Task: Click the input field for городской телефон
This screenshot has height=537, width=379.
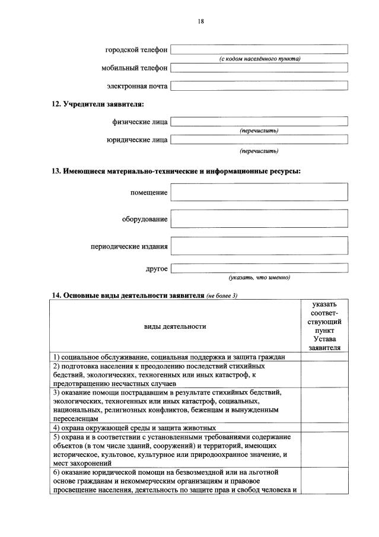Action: [x=259, y=49]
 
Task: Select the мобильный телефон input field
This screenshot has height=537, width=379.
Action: [x=259, y=68]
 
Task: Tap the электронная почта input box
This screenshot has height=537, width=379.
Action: [x=259, y=86]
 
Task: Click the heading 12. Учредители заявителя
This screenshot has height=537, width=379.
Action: [x=97, y=104]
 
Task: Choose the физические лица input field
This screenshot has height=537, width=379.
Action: [x=259, y=122]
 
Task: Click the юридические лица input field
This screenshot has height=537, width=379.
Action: [x=259, y=140]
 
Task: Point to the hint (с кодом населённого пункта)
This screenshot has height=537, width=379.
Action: [x=259, y=58]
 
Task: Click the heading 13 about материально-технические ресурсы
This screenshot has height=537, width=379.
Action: [x=176, y=171]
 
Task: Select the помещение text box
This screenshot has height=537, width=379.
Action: [x=259, y=192]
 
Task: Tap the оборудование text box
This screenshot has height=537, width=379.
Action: [x=259, y=219]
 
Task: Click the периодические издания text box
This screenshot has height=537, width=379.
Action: [x=259, y=246]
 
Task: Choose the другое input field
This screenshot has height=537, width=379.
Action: [x=259, y=268]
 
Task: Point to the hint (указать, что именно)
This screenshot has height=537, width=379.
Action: [x=259, y=277]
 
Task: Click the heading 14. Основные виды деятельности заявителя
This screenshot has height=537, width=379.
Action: [x=127, y=295]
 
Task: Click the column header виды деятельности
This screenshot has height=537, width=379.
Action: [x=175, y=326]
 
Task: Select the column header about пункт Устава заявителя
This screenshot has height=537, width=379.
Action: [x=324, y=326]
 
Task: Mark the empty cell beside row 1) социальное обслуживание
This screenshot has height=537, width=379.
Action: [x=324, y=357]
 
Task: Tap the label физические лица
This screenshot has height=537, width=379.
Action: [x=140, y=122]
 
